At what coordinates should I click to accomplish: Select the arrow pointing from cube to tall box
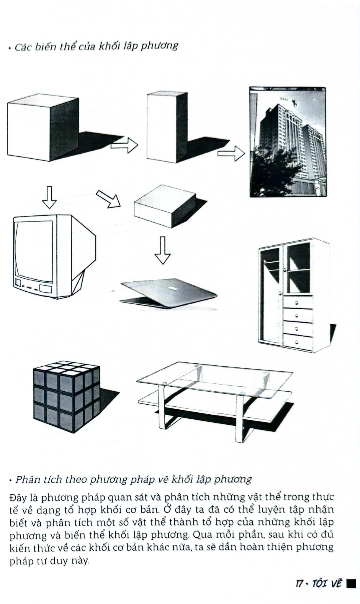125,145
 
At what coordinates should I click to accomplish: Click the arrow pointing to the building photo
231,153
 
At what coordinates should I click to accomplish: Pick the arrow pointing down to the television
49,197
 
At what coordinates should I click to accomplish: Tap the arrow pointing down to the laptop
163,250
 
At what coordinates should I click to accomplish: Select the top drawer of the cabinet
297,303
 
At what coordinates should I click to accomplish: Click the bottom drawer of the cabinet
297,342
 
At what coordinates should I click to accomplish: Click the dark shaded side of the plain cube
64,128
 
